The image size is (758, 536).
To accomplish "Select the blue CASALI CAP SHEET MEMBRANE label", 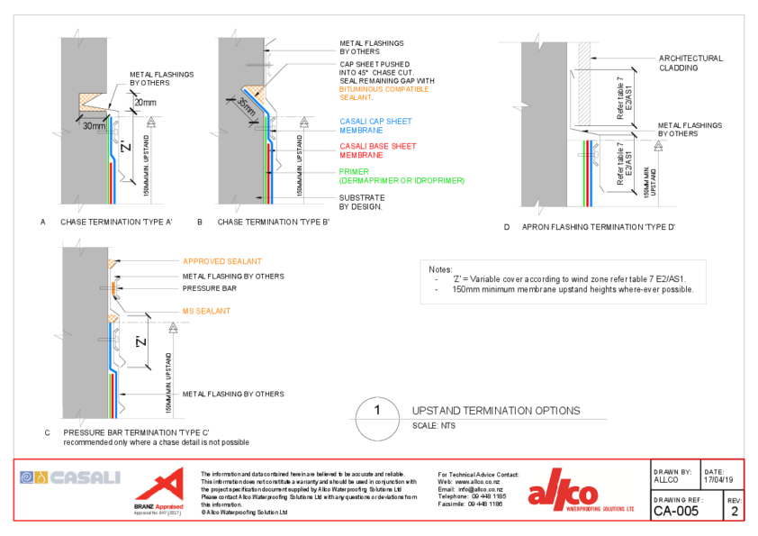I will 375,126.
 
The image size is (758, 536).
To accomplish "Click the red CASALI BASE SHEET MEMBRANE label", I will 377,150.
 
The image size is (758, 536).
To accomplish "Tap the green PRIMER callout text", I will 402,176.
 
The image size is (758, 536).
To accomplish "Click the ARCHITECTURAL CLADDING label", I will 690,63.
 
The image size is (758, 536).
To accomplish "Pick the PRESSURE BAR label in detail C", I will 210,289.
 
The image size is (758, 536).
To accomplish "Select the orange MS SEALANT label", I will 206,311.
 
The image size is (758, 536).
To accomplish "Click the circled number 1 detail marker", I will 377,411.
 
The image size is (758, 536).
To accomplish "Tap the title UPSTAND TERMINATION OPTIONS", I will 495,411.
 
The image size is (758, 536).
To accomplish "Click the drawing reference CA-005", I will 674,512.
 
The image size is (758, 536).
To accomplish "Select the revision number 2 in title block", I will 734,513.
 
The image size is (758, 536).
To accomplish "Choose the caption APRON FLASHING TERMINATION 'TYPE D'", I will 598,227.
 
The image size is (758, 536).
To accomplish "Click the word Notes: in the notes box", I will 440,269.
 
